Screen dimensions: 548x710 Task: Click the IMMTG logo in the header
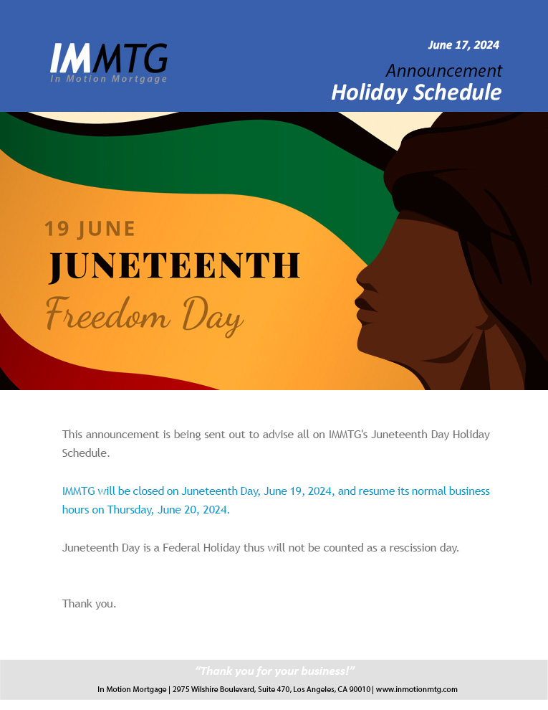[x=108, y=63]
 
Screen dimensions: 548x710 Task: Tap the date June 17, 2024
[x=463, y=45]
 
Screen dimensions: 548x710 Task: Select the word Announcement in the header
[x=443, y=70]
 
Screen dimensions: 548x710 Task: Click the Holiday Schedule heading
[x=416, y=93]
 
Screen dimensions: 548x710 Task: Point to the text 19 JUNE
[x=90, y=229]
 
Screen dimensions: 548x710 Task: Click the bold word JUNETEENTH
[x=174, y=266]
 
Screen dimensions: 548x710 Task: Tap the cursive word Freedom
[x=108, y=314]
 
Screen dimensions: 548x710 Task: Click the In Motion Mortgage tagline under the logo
[x=108, y=79]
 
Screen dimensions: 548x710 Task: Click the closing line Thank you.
[x=89, y=604]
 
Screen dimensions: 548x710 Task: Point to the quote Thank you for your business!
[x=275, y=671]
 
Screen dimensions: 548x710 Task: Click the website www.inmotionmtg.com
[x=416, y=690]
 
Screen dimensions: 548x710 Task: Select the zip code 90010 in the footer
[x=361, y=690]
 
